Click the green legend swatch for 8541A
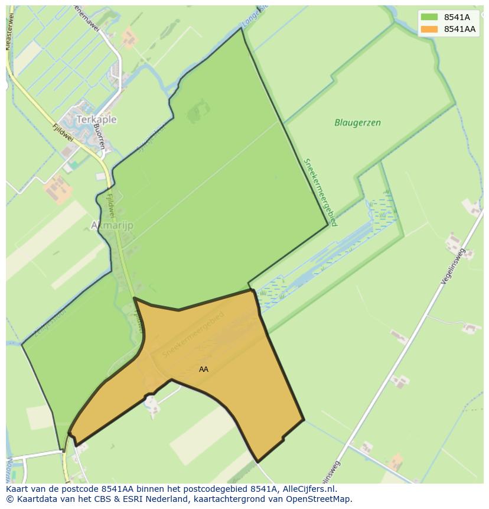point(429,17)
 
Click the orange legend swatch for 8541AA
point(429,29)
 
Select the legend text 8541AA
point(459,29)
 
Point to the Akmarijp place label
point(112,225)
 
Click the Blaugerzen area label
point(357,123)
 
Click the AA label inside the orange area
point(204,369)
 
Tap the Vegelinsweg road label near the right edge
point(453,267)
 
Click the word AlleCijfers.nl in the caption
point(307,489)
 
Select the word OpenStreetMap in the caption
point(321,499)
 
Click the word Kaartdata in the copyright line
point(33,499)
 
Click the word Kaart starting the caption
point(18,489)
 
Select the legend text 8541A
point(457,17)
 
